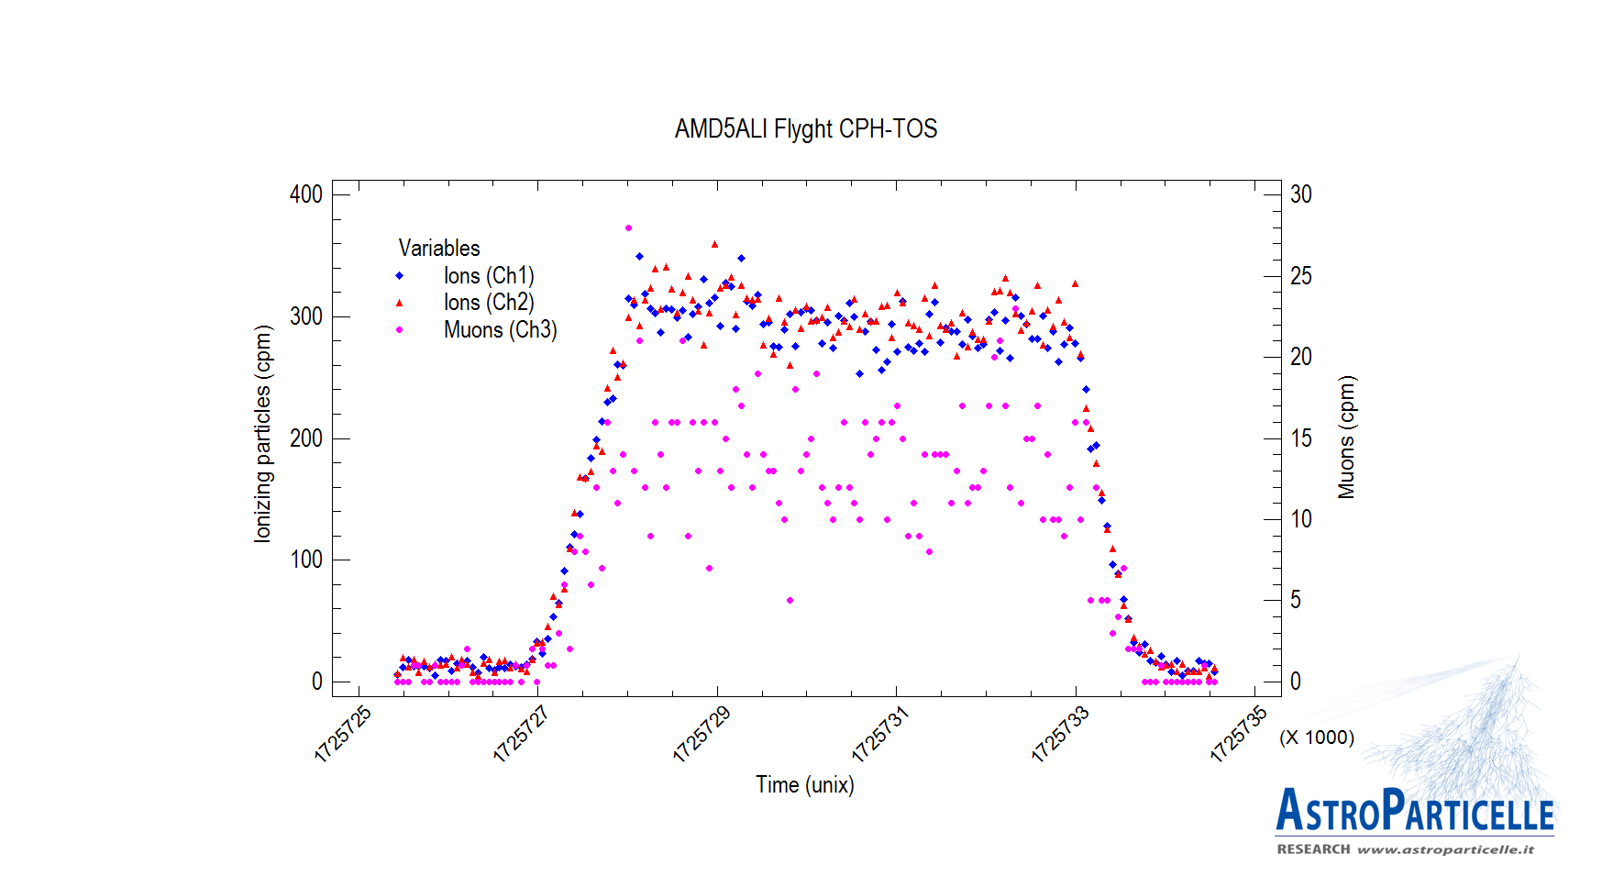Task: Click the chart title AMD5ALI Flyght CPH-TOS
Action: (805, 128)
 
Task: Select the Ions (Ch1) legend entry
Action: (488, 275)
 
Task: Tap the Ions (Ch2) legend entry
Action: (488, 302)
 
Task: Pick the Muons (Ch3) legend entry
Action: (500, 329)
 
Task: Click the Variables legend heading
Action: (438, 248)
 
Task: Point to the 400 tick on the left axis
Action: (306, 194)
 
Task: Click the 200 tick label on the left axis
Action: (306, 438)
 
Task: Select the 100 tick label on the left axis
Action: (306, 560)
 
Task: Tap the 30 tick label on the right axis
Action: (1300, 194)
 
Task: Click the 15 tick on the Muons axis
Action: (1300, 438)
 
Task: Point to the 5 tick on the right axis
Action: (1296, 600)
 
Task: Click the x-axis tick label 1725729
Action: (702, 734)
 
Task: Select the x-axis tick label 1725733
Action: (1060, 734)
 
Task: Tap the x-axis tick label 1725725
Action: (343, 734)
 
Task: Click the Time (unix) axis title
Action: (804, 785)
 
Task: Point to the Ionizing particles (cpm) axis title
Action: (263, 434)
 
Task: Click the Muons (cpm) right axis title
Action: (1346, 438)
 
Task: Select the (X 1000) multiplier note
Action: (1317, 737)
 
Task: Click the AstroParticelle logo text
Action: (1414, 811)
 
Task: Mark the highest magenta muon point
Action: (628, 227)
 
